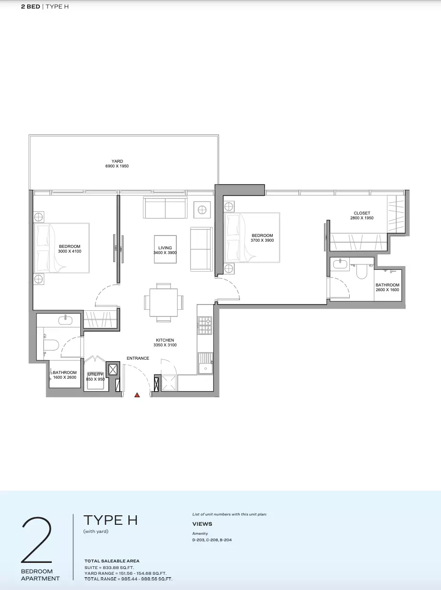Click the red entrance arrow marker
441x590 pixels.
tap(137, 395)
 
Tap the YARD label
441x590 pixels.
tap(117, 161)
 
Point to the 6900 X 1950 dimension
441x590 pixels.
tap(117, 166)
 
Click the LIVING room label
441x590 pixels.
tap(165, 248)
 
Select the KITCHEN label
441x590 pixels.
tap(165, 340)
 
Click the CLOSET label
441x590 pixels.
tap(362, 213)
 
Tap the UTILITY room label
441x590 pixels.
tap(96, 374)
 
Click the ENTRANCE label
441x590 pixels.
tap(138, 358)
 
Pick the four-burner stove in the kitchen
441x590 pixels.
tap(205, 325)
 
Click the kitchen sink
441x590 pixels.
tap(206, 363)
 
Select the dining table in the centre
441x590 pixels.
tap(163, 303)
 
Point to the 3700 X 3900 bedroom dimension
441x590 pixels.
tap(262, 240)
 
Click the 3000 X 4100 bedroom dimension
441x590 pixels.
tap(69, 251)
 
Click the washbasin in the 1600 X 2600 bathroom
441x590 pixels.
tap(65, 320)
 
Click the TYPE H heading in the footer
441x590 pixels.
tap(111, 521)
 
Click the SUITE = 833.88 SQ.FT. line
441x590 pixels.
tap(109, 568)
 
